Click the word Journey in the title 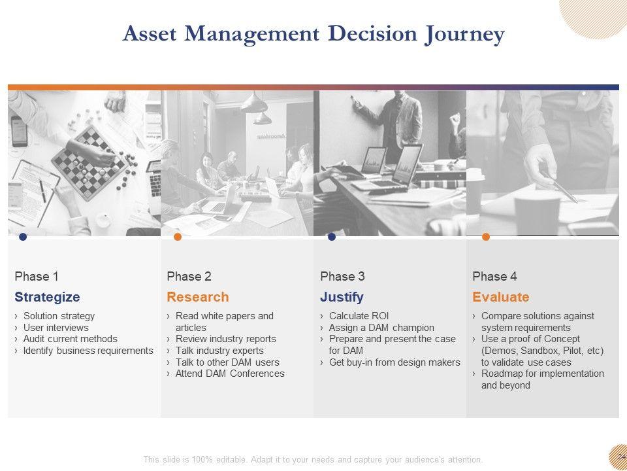[x=464, y=34]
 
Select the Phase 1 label [x=37, y=276]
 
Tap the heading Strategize [x=47, y=297]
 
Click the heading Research [x=197, y=297]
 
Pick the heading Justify [x=342, y=297]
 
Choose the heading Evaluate [x=501, y=297]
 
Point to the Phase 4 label [x=494, y=276]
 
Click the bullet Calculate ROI [x=359, y=316]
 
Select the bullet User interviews [x=56, y=328]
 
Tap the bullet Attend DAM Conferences [x=230, y=374]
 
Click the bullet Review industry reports [x=225, y=339]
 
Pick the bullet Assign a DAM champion [x=381, y=328]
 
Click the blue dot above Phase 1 [x=23, y=237]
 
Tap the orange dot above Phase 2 [x=178, y=237]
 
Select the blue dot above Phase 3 [x=332, y=237]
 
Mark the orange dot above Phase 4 [x=486, y=237]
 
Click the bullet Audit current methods [x=70, y=339]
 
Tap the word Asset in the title [x=149, y=33]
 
